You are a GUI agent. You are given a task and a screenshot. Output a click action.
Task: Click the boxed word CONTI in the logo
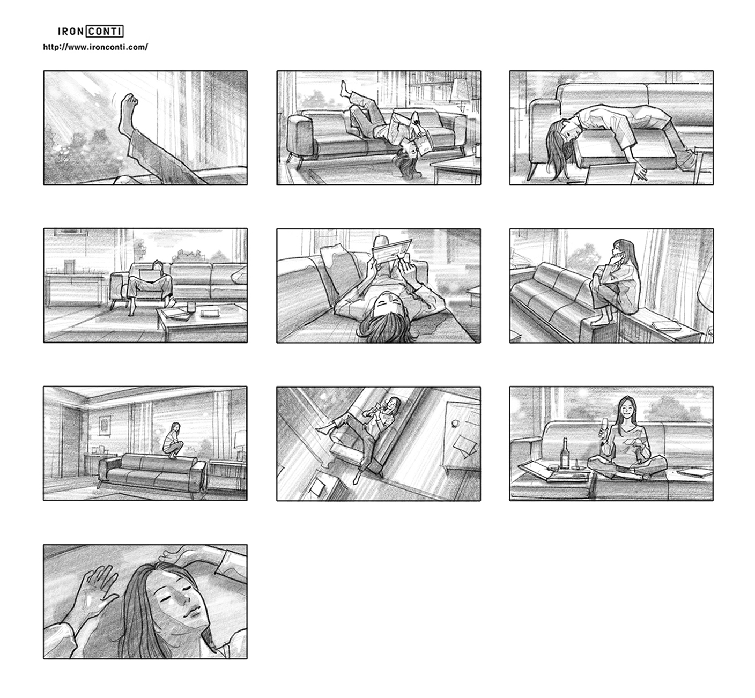pyautogui.click(x=105, y=32)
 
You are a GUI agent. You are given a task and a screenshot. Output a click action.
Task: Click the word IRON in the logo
pyautogui.click(x=71, y=32)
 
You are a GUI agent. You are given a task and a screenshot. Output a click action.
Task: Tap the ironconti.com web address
pyautogui.click(x=95, y=47)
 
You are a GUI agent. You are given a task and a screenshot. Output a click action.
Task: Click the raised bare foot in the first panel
pyautogui.click(x=128, y=114)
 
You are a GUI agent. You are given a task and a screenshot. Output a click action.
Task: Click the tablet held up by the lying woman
pyautogui.click(x=391, y=252)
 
